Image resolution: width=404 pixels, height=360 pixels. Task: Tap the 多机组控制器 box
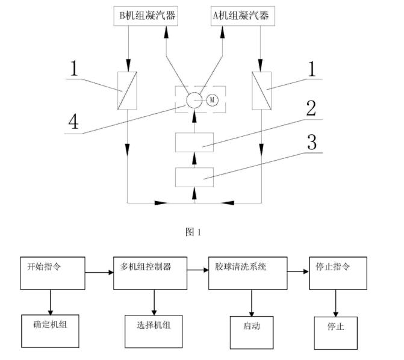point(149,273)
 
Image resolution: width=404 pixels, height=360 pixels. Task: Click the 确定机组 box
point(51,331)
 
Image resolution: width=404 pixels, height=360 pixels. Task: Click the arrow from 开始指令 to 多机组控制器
point(99,272)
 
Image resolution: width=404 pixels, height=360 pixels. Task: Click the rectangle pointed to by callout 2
point(193,143)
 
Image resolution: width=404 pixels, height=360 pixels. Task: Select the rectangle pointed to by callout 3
point(193,178)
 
